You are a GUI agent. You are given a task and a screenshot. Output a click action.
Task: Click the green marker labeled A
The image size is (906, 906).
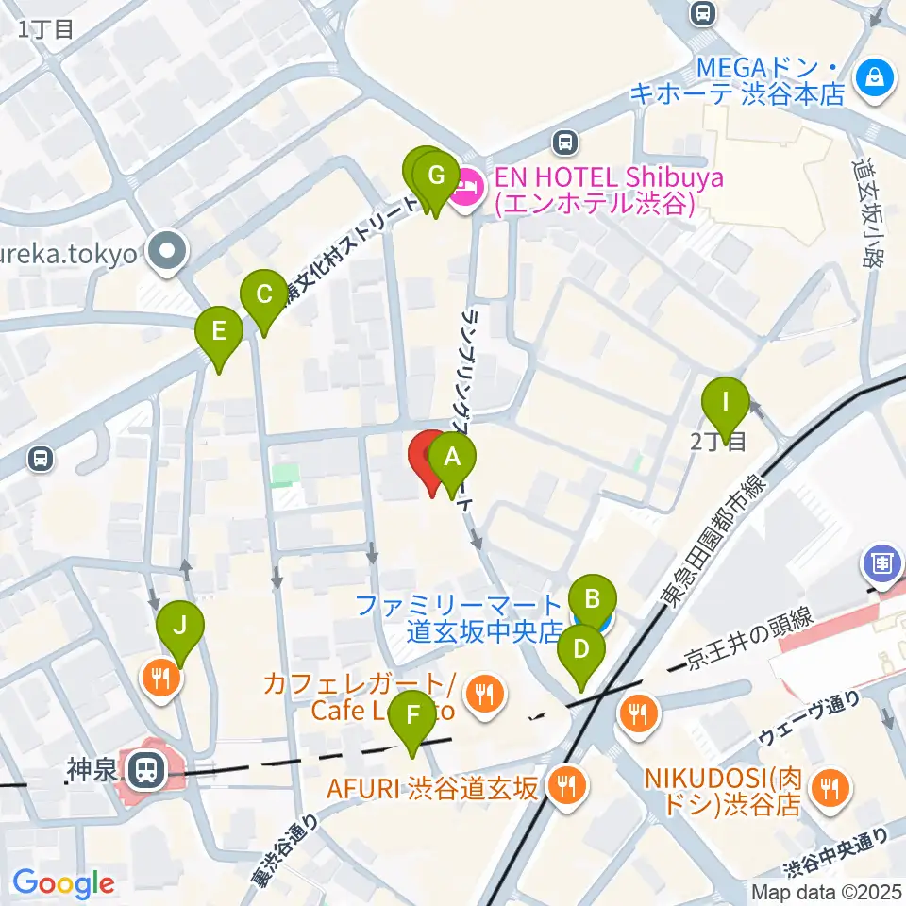pyautogui.click(x=452, y=460)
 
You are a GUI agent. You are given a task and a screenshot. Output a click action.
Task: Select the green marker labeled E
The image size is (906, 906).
pyautogui.click(x=219, y=331)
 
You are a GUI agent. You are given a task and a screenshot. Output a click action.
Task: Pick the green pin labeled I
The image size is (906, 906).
pyautogui.click(x=726, y=401)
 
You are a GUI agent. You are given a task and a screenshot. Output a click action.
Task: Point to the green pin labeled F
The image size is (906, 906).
pyautogui.click(x=412, y=715)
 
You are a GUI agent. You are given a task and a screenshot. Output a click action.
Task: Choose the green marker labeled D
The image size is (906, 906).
pyautogui.click(x=581, y=650)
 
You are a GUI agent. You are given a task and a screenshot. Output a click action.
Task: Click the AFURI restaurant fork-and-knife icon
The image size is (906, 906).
pyautogui.click(x=567, y=783)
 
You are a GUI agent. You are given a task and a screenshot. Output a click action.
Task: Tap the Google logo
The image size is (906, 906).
pyautogui.click(x=63, y=884)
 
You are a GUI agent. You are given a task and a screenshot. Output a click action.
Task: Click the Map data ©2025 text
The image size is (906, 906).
pyautogui.click(x=827, y=891)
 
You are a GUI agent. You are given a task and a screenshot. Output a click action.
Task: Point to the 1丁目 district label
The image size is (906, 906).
pyautogui.click(x=45, y=28)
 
